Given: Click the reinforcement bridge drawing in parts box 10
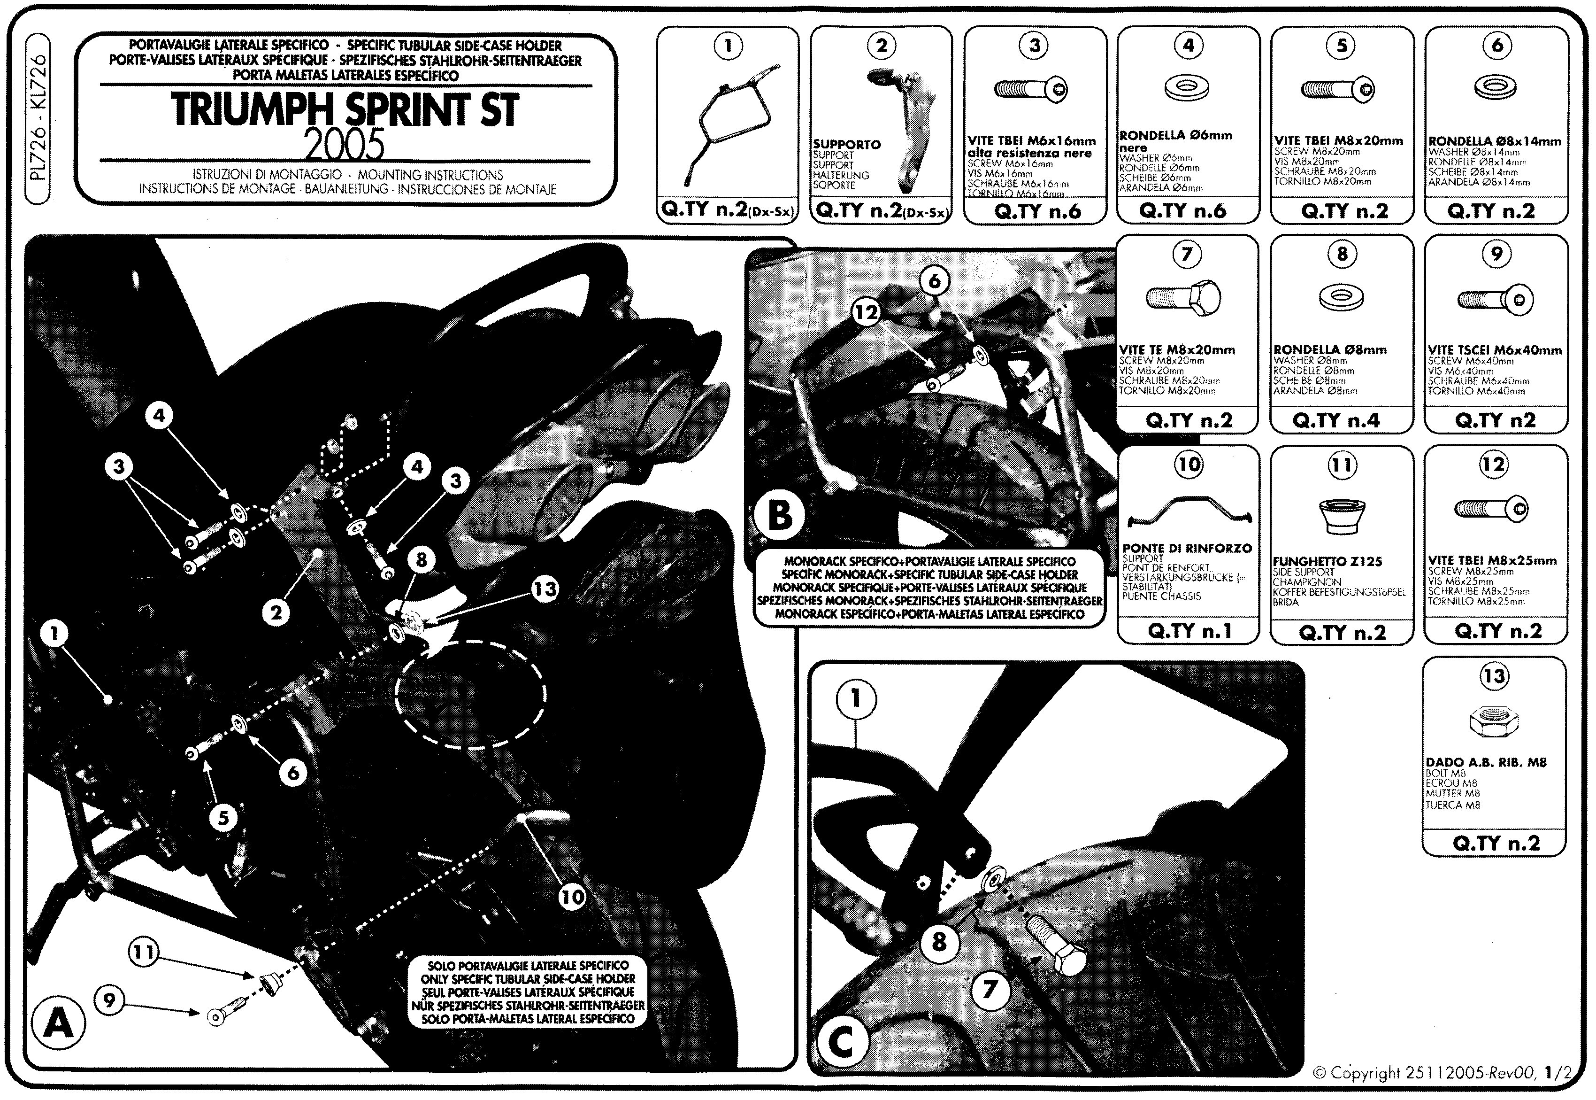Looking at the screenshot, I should click(x=1189, y=511).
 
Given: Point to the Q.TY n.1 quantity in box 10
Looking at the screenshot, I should click(x=1189, y=631).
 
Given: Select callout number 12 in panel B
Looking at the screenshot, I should click(x=867, y=313).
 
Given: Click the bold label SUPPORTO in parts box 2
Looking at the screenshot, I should click(x=846, y=145).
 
